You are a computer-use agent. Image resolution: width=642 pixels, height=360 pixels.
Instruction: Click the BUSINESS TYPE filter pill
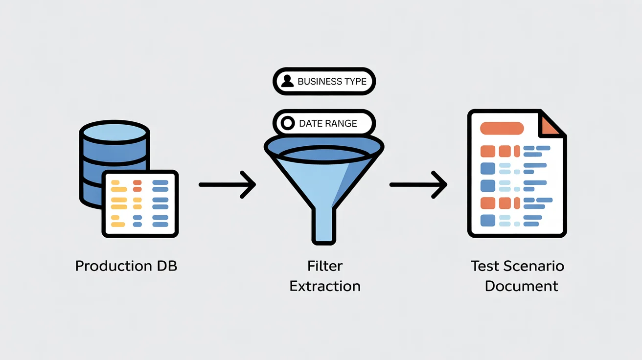[x=324, y=81]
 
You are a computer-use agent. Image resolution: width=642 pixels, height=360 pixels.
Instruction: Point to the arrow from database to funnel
[x=228, y=184]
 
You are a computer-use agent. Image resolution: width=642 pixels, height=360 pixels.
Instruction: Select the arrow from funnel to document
[x=418, y=184]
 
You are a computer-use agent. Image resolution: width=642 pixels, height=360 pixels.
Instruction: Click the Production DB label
[x=126, y=266]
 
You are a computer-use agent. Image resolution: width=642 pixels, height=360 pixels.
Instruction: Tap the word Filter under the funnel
[x=325, y=266]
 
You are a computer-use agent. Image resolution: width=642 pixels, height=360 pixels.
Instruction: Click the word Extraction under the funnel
[x=325, y=286]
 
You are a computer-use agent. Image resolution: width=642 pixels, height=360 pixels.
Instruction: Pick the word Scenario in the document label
[x=535, y=266]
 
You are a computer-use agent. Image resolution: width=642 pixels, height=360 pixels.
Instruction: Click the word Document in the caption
[x=522, y=286]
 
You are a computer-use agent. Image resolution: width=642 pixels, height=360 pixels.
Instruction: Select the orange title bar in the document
[x=502, y=129]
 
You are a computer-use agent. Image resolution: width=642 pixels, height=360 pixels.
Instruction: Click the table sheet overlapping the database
[x=140, y=203]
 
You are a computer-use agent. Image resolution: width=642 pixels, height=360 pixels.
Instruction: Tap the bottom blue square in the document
[x=488, y=220]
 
